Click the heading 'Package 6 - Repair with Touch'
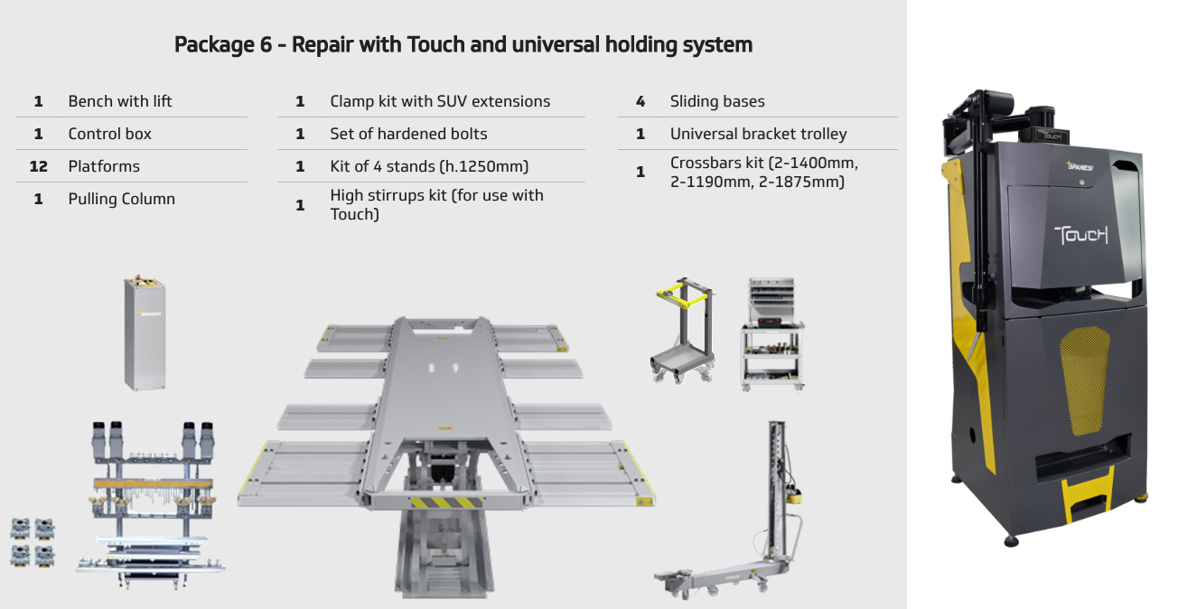click(x=463, y=44)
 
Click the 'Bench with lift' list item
click(x=120, y=101)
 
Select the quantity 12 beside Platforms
click(x=38, y=166)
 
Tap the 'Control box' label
click(x=110, y=134)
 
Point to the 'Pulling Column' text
click(x=122, y=199)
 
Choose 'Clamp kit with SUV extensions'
click(x=440, y=101)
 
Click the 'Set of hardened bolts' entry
click(x=408, y=134)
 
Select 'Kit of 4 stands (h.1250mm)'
click(x=429, y=166)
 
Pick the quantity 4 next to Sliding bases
click(x=640, y=101)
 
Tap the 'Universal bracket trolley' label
click(x=759, y=134)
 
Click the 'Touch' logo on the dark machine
click(x=1081, y=235)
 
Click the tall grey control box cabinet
click(x=145, y=333)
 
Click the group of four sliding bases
click(x=33, y=541)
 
